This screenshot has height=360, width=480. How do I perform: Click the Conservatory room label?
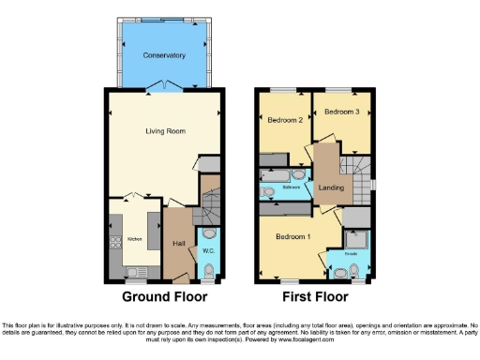pos(164,55)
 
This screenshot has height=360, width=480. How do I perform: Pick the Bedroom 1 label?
pos(292,237)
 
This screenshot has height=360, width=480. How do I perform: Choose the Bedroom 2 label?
pos(285,121)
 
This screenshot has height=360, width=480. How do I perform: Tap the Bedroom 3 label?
pos(342,112)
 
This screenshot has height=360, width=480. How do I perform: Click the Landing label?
pos(332,188)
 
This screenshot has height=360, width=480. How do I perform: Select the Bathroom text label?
pos(292,188)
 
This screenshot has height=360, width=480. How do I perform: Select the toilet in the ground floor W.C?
pos(208,235)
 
